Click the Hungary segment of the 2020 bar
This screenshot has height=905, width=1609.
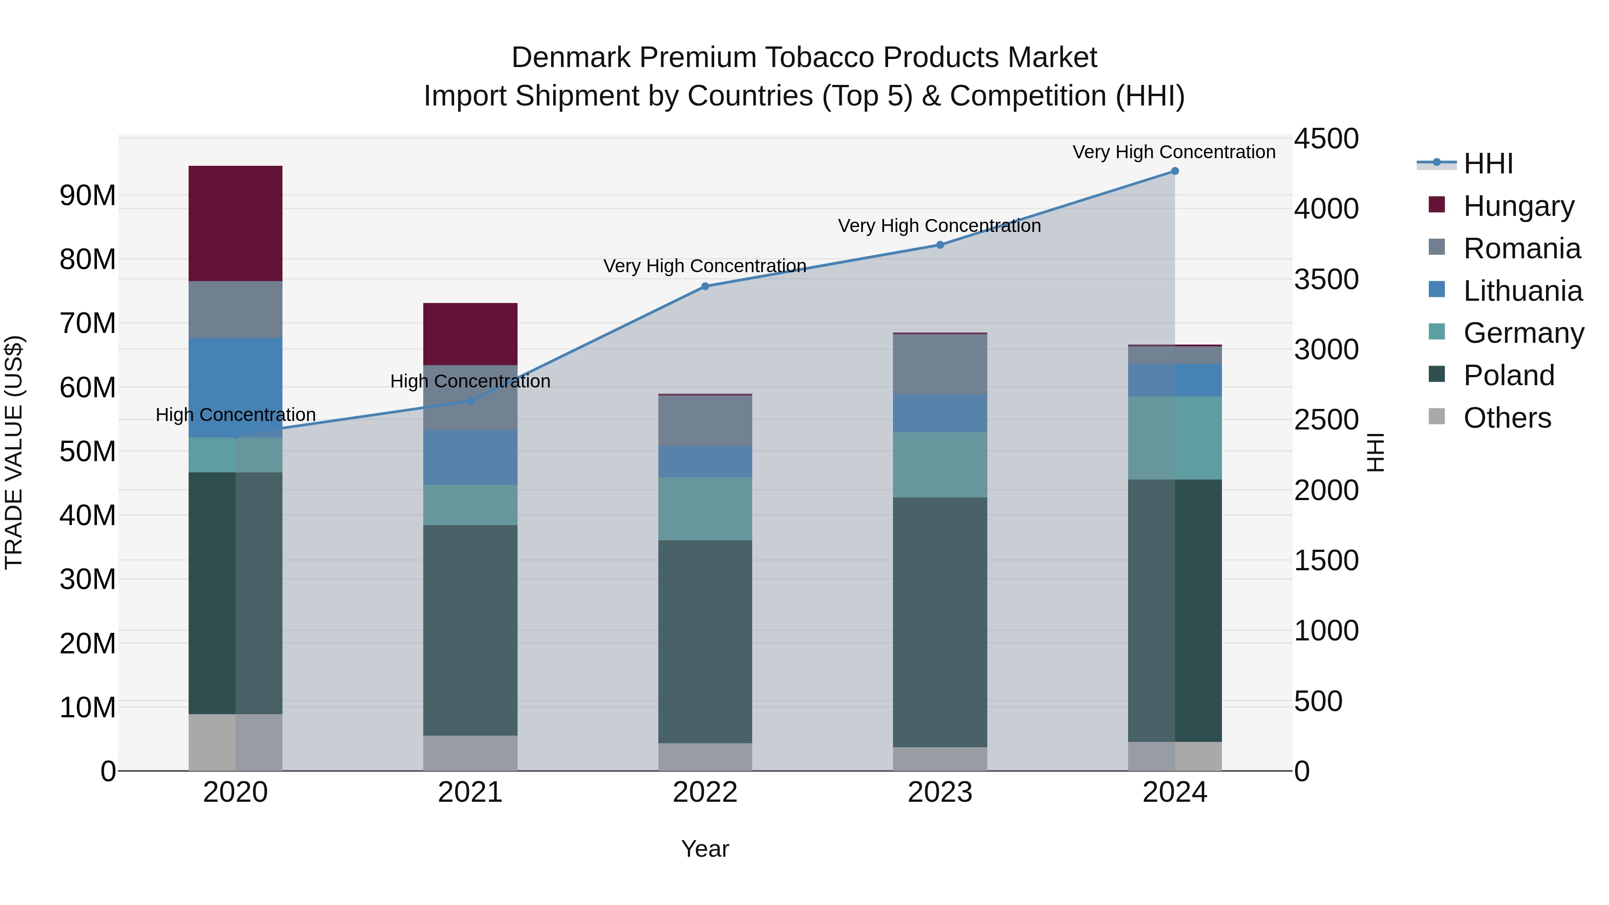pos(236,223)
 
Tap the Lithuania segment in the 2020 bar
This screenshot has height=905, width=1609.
pos(236,387)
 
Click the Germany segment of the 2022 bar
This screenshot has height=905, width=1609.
pos(705,509)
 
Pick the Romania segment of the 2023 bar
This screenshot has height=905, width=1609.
pos(940,364)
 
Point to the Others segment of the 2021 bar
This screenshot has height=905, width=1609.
pos(470,753)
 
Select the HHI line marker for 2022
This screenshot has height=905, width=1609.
pos(705,286)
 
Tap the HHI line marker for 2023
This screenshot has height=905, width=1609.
pos(940,245)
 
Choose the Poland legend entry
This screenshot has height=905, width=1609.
pos(1508,375)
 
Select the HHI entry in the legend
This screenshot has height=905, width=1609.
pos(1488,164)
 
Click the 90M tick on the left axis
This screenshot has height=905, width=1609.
pos(88,195)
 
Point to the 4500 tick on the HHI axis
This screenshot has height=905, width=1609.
pos(1326,139)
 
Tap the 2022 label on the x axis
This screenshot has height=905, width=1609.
pos(705,792)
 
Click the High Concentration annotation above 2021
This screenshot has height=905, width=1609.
pos(470,381)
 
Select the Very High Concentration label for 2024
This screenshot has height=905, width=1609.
pos(1174,152)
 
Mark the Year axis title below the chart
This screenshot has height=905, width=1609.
pos(705,849)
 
